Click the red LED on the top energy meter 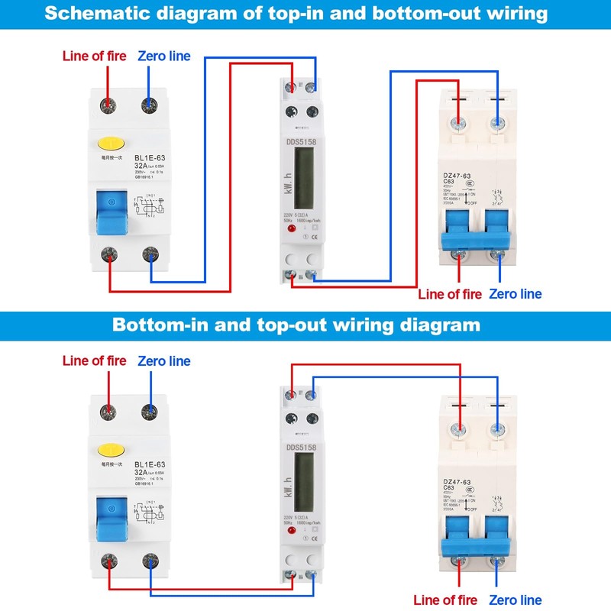(x=292, y=228)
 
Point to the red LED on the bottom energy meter (x=292, y=534)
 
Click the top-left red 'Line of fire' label (x=94, y=56)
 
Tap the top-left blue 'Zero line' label (x=164, y=56)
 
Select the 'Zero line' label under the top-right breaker (x=516, y=294)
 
